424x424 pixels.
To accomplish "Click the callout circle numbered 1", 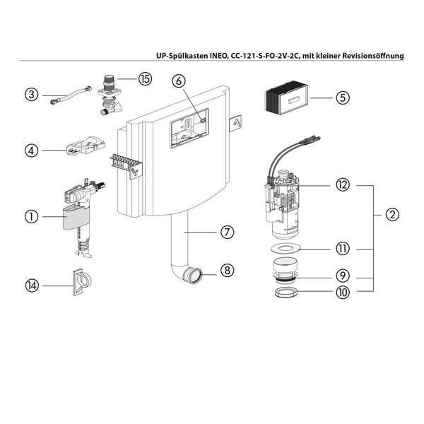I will click(30, 217).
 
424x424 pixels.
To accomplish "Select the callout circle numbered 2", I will click(392, 214).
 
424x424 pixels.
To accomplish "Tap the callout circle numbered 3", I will click(30, 93).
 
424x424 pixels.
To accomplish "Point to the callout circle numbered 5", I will click(342, 98).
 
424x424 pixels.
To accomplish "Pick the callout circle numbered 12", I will click(342, 185).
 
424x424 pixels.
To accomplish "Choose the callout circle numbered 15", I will click(145, 79).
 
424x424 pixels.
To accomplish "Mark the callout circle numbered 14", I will click(30, 285).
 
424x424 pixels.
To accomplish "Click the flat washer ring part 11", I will click(288, 249).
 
